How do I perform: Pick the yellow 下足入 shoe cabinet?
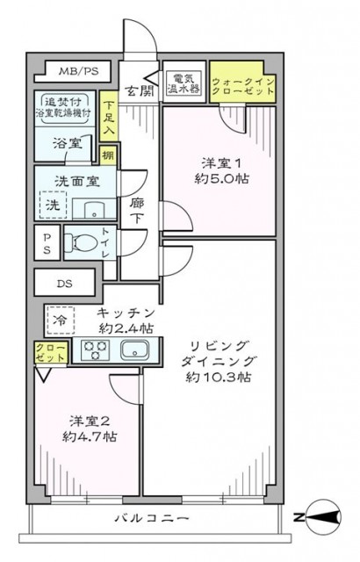click(108, 115)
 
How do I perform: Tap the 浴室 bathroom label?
click(62, 144)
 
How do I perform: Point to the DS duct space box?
click(66, 283)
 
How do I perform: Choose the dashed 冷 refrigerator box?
click(60, 320)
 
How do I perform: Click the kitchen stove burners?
click(94, 351)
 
